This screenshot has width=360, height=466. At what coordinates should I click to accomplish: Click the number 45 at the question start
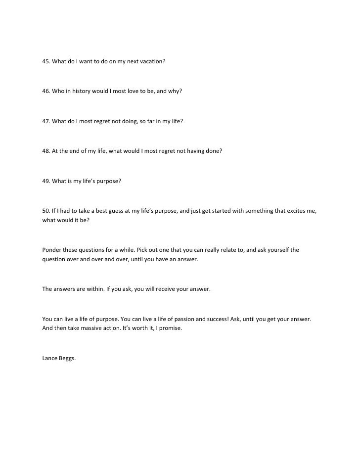45,63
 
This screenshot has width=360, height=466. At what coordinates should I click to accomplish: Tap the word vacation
152,63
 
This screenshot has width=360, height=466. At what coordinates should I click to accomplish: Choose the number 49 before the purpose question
45,181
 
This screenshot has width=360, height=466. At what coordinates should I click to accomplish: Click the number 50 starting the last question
45,211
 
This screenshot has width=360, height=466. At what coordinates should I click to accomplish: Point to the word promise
171,328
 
